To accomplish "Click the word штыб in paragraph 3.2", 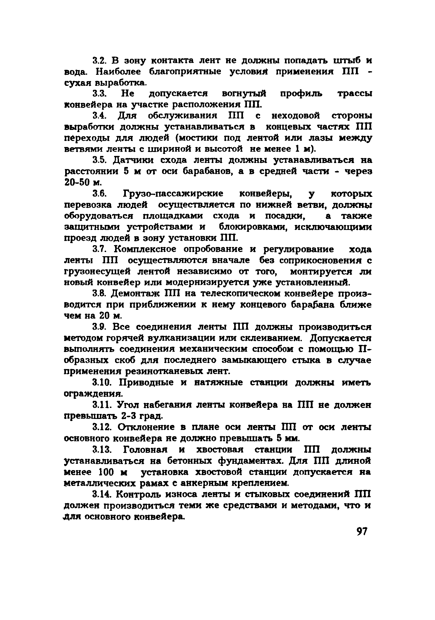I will tap(347, 60).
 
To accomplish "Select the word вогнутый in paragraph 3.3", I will tap(244, 94).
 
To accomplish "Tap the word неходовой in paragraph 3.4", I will tap(296, 116).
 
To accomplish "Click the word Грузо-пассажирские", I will tap(173, 194).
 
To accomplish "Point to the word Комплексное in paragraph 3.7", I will tap(146, 249).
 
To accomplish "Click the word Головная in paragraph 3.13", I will tap(145, 450).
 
